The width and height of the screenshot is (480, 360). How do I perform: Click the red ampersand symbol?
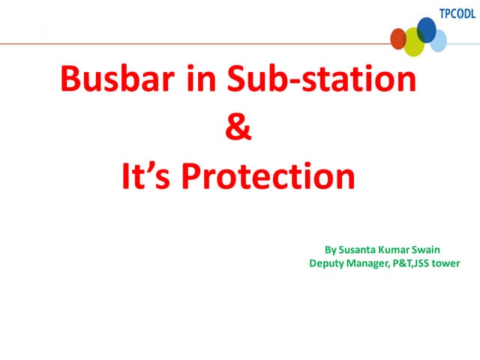click(238, 128)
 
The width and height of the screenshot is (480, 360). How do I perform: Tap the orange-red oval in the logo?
click(398, 38)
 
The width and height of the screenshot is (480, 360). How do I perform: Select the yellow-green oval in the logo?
click(415, 41)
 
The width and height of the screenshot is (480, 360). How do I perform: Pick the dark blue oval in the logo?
click(427, 29)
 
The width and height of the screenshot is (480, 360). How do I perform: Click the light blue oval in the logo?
click(439, 40)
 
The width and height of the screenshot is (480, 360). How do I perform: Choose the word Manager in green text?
click(372, 263)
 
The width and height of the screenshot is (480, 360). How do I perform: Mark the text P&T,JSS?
click(414, 263)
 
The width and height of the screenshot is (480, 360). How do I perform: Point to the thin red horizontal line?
click(187, 44)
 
